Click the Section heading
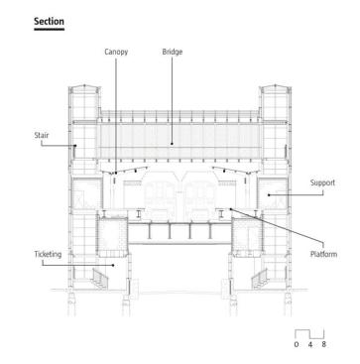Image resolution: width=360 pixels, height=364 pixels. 49,22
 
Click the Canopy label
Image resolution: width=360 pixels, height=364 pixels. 116,52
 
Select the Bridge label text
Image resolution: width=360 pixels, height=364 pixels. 173,52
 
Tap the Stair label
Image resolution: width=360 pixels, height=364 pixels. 42,135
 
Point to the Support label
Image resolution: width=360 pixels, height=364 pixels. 322,182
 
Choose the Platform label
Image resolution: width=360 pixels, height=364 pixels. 323,254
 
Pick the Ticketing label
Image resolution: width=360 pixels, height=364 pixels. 48,255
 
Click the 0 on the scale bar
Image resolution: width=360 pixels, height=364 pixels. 297,344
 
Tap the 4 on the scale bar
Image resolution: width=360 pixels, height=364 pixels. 310,344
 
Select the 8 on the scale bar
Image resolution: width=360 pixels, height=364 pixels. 323,344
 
